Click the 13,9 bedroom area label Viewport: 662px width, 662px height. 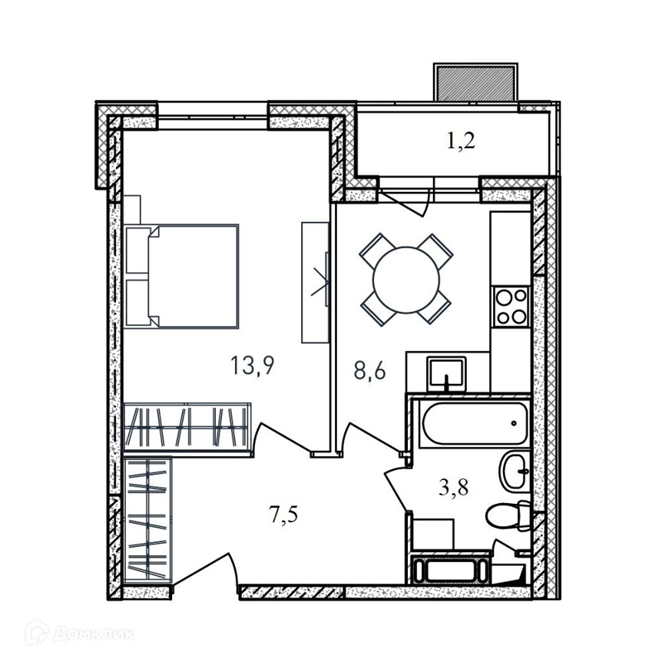pyautogui.click(x=252, y=365)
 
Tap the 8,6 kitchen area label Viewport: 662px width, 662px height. pyautogui.click(x=370, y=371)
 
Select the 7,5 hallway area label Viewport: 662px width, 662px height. pyautogui.click(x=283, y=515)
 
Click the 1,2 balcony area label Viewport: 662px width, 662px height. pyautogui.click(x=461, y=141)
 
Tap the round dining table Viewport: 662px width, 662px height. pyautogui.click(x=406, y=280)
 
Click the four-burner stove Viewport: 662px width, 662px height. pyautogui.click(x=511, y=306)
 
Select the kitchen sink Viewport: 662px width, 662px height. pyautogui.click(x=447, y=374)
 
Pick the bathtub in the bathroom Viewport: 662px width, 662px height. pyautogui.click(x=474, y=424)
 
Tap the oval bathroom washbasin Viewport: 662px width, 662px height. pyautogui.click(x=515, y=471)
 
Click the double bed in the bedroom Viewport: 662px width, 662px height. pyautogui.click(x=182, y=276)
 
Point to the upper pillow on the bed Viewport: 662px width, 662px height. pyautogui.click(x=137, y=251)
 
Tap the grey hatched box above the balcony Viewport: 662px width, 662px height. pyautogui.click(x=475, y=83)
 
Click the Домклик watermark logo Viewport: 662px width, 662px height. pyautogui.click(x=80, y=633)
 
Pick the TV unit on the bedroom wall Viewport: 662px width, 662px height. pyautogui.click(x=315, y=282)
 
